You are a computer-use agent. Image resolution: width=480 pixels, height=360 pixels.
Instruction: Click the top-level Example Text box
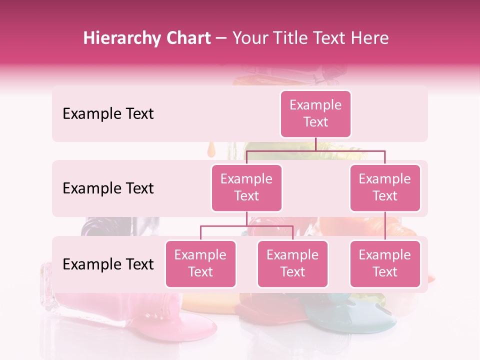point(315,114)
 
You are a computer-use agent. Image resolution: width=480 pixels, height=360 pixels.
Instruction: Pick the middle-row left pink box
point(246,188)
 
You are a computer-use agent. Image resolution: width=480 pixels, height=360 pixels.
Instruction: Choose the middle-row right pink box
point(385,188)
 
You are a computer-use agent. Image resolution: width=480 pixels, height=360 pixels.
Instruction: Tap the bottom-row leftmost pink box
point(200,264)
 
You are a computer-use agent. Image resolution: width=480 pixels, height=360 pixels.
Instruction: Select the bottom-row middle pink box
point(292,264)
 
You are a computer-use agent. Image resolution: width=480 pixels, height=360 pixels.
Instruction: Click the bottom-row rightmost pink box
point(385,264)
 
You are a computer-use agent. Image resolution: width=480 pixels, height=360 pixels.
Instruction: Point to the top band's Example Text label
point(108,114)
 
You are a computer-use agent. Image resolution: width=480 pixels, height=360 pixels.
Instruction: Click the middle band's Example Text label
point(108,188)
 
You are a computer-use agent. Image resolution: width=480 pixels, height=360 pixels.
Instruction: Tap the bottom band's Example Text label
point(108,264)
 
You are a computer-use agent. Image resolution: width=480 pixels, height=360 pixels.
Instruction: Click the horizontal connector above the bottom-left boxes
point(246,226)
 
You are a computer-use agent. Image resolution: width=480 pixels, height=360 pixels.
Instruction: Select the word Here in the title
point(370,38)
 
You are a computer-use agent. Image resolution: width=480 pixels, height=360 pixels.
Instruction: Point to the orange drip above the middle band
point(211,149)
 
